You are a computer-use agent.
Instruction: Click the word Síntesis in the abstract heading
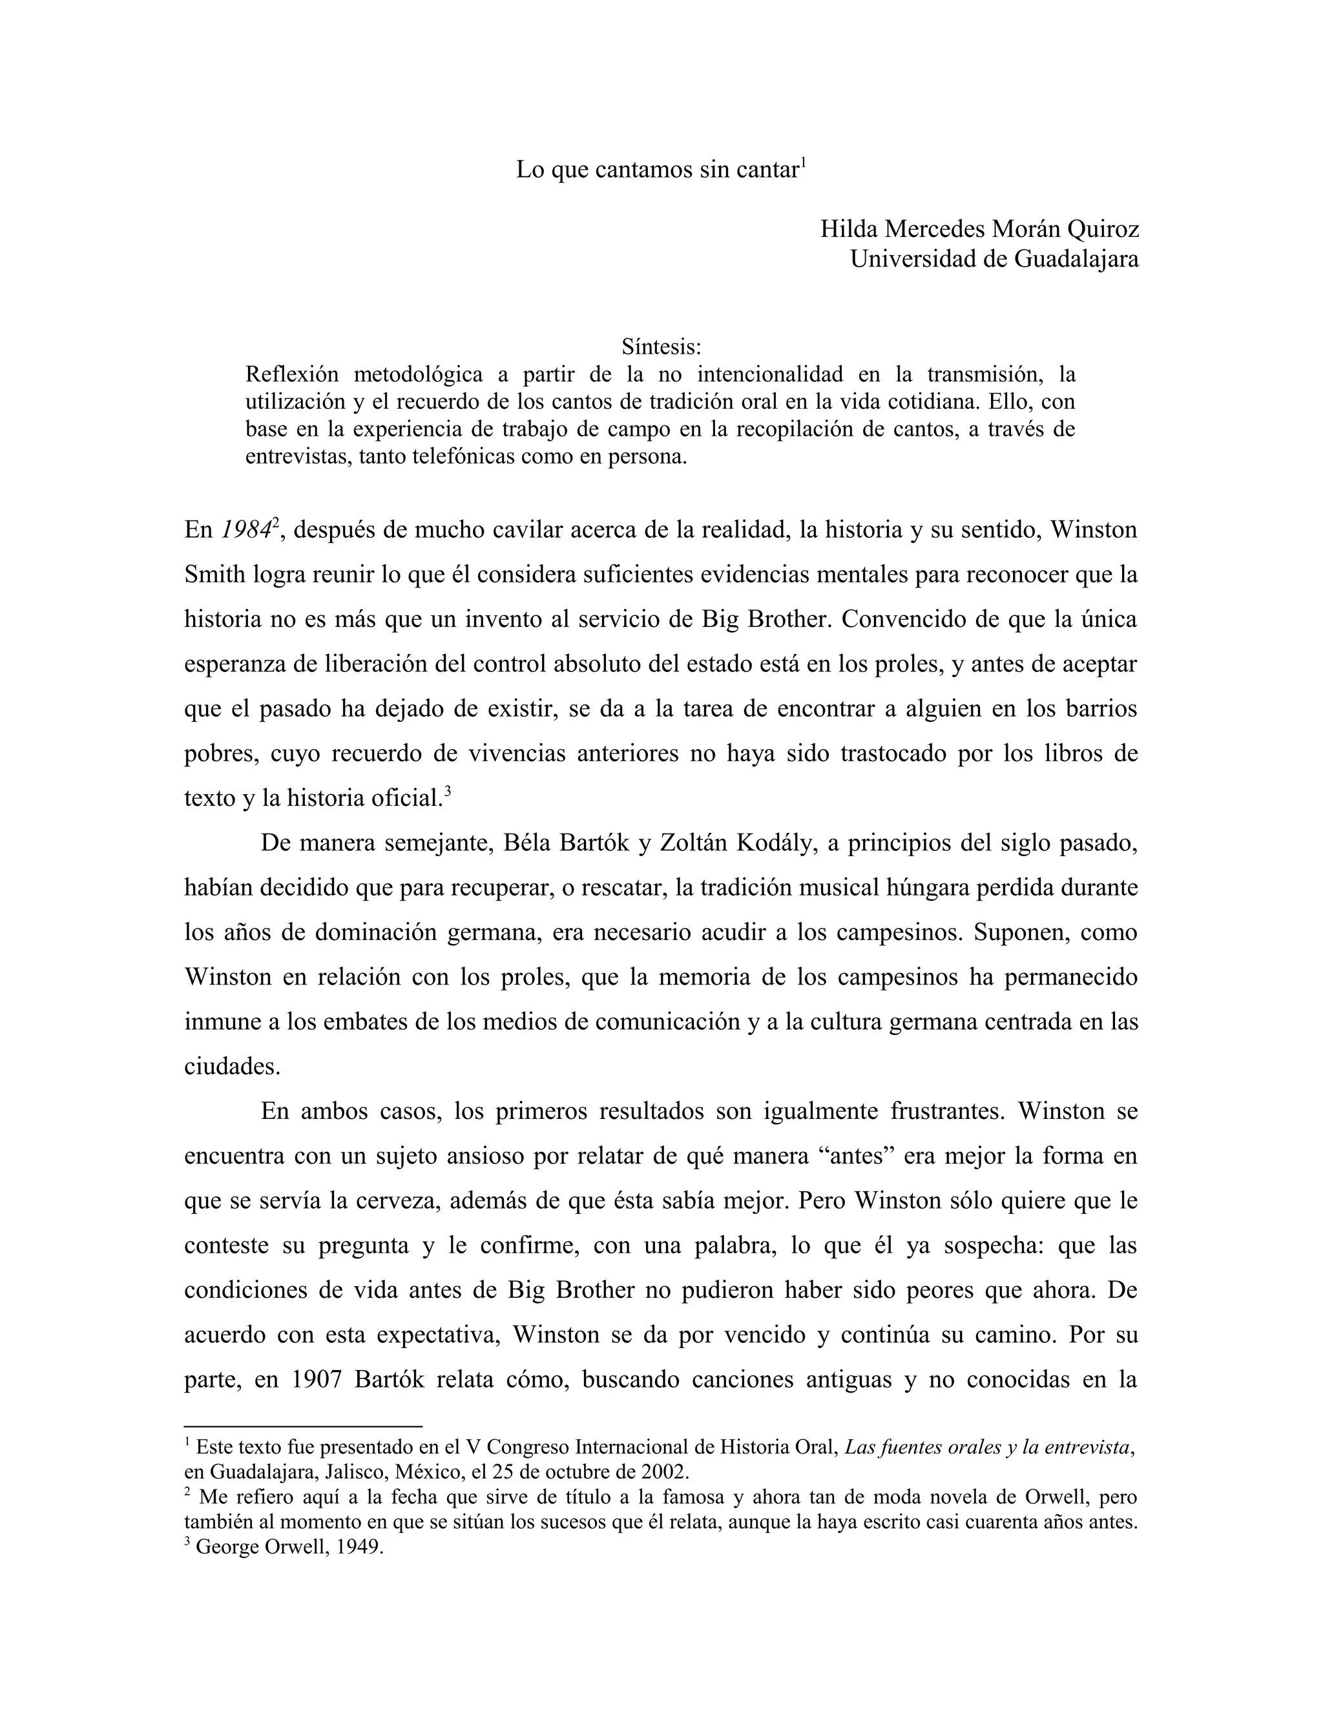pos(661,345)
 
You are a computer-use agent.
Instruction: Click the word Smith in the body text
pos(214,575)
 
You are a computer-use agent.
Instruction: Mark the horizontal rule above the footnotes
pos(304,1427)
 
